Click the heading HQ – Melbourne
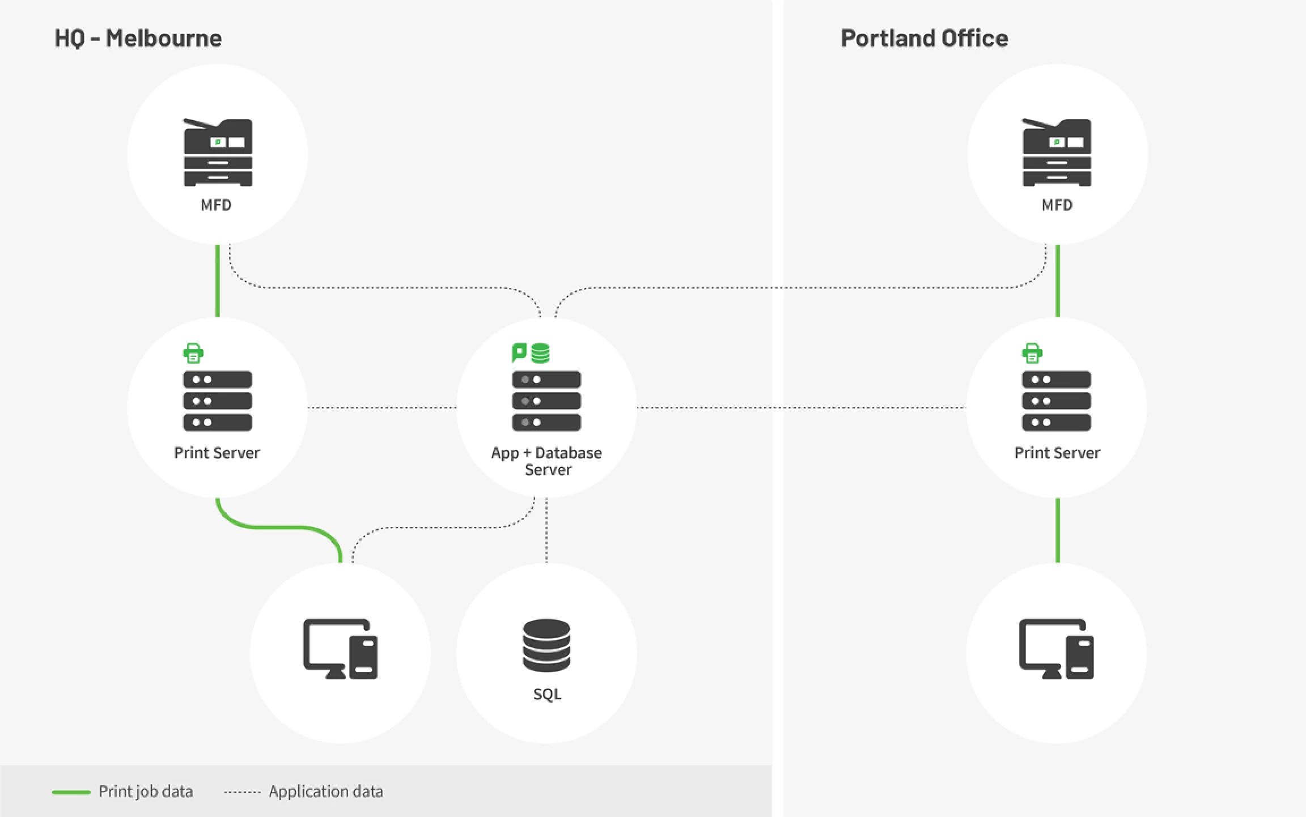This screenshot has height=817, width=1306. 138,39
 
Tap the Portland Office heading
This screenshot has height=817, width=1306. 924,39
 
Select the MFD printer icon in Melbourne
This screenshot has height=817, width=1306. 218,152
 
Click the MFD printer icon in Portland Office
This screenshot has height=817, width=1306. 1057,152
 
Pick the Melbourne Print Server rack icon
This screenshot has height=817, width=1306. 218,401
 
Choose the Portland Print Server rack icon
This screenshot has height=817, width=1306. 1056,401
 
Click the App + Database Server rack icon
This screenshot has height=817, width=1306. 546,401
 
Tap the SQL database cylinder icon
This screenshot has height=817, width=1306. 546,645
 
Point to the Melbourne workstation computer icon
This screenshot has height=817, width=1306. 340,649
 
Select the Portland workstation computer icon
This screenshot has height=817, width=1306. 1056,649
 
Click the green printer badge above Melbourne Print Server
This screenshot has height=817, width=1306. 193,352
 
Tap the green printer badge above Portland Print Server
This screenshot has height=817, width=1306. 1032,352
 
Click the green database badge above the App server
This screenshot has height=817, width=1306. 540,353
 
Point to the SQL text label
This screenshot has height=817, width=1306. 547,694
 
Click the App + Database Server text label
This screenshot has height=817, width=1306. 546,461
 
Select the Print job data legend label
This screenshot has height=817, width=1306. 145,791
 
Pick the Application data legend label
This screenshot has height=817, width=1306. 326,791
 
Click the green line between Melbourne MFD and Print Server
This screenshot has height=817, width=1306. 218,280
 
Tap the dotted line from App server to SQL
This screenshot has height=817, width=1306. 546,530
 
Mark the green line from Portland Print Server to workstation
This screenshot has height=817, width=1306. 1058,530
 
